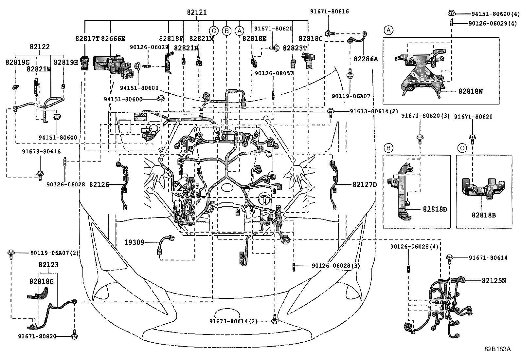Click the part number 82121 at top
click(197, 12)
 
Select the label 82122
click(40, 47)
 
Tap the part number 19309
click(134, 242)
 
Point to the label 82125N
click(494, 280)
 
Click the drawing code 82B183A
click(497, 349)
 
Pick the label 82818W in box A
click(470, 91)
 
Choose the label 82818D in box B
click(435, 209)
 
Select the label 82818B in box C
click(484, 215)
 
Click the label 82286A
click(366, 59)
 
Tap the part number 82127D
click(365, 185)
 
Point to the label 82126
click(99, 185)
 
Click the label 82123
click(48, 265)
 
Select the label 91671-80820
click(37, 336)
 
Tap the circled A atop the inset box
click(388, 30)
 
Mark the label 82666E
click(113, 38)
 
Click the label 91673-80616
click(41, 152)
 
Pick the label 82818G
click(41, 281)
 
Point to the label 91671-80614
click(488, 258)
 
